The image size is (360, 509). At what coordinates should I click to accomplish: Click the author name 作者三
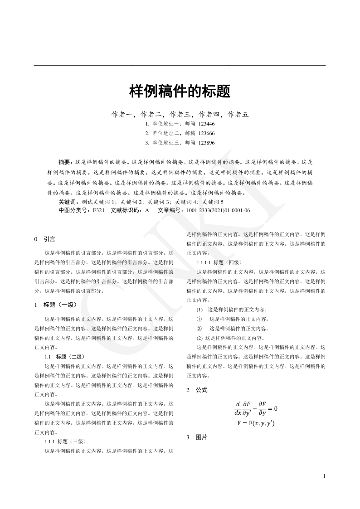[180, 115]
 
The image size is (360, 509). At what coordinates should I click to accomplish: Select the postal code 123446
[206, 124]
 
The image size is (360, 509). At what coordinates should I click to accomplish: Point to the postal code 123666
[206, 133]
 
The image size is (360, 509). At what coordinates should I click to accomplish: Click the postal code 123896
[206, 143]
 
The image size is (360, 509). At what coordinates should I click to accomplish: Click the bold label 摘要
[65, 161]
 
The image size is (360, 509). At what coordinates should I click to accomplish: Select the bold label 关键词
[68, 201]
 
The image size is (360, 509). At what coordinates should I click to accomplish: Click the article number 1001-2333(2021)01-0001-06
[218, 210]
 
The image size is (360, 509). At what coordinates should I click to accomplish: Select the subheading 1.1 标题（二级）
[64, 357]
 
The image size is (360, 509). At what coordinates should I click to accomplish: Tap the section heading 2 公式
[197, 390]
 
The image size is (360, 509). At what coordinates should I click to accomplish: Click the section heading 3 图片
[197, 437]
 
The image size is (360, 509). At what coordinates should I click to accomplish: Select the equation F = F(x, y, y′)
[256, 424]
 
